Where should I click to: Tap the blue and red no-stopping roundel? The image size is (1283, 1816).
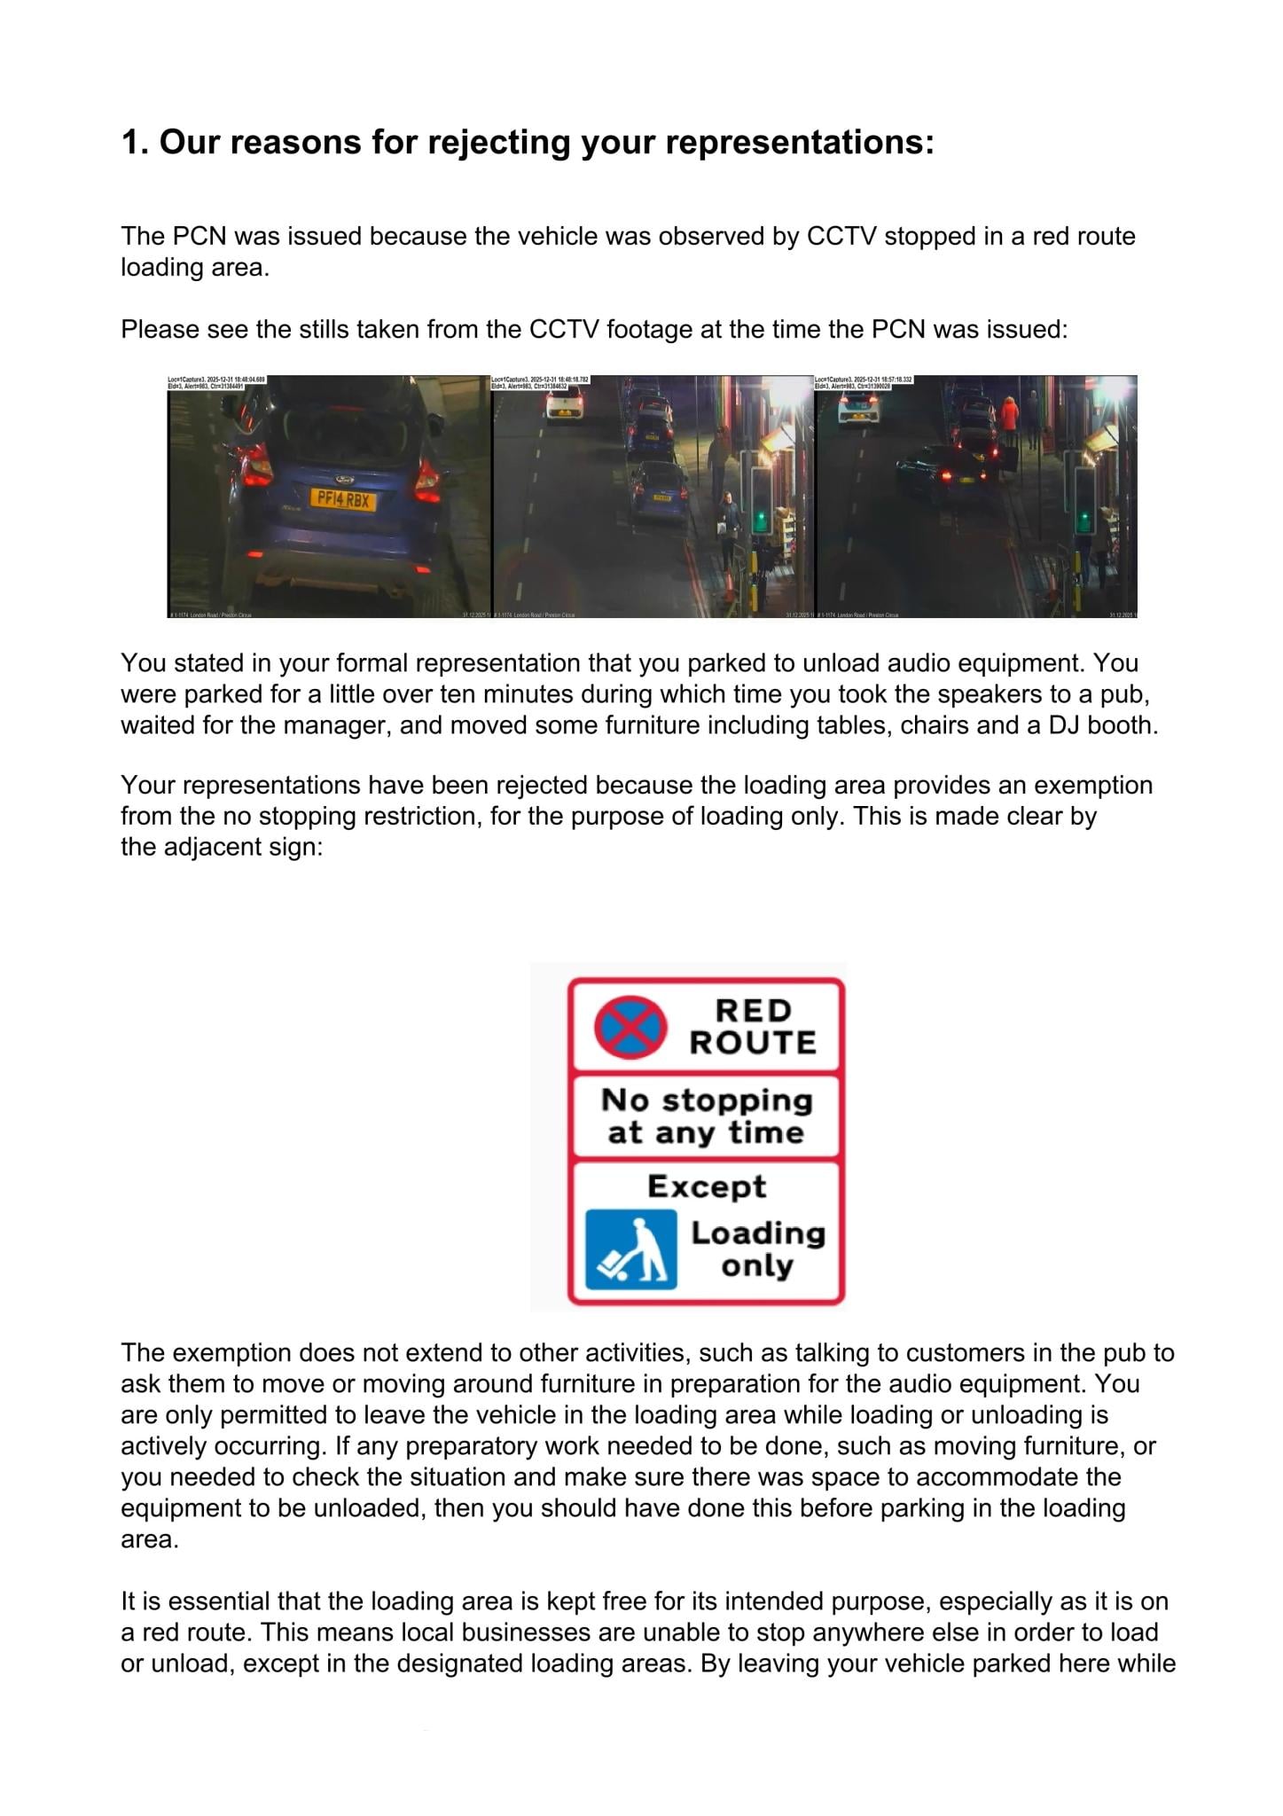click(x=629, y=1027)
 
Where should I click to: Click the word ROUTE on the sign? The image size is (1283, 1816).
click(x=753, y=1043)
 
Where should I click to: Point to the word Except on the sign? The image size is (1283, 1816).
click(x=706, y=1186)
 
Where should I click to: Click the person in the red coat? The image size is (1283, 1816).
click(x=1009, y=417)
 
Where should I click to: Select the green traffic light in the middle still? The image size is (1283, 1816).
click(x=761, y=515)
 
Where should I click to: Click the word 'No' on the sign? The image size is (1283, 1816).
click(x=625, y=1100)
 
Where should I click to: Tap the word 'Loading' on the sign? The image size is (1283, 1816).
click(x=758, y=1233)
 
